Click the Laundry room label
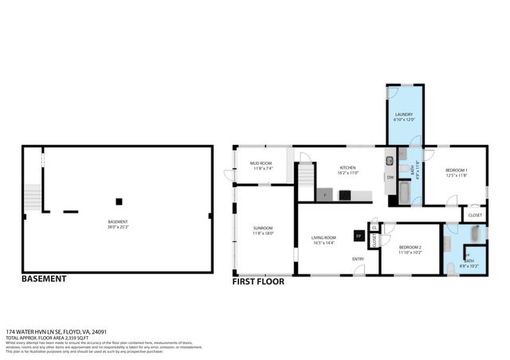point(404,115)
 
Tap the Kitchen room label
point(347,168)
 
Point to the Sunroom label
point(263,229)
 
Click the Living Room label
point(324,238)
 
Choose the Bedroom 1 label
point(456,170)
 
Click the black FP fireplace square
point(359,237)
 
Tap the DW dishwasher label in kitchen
point(390,177)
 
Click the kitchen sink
point(390,161)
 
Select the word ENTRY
point(358,259)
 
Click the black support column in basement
point(118,202)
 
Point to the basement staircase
point(31,196)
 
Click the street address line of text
point(56,331)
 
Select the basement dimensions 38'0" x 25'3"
point(117,226)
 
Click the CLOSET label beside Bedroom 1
point(475,215)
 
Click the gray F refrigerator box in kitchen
point(324,194)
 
